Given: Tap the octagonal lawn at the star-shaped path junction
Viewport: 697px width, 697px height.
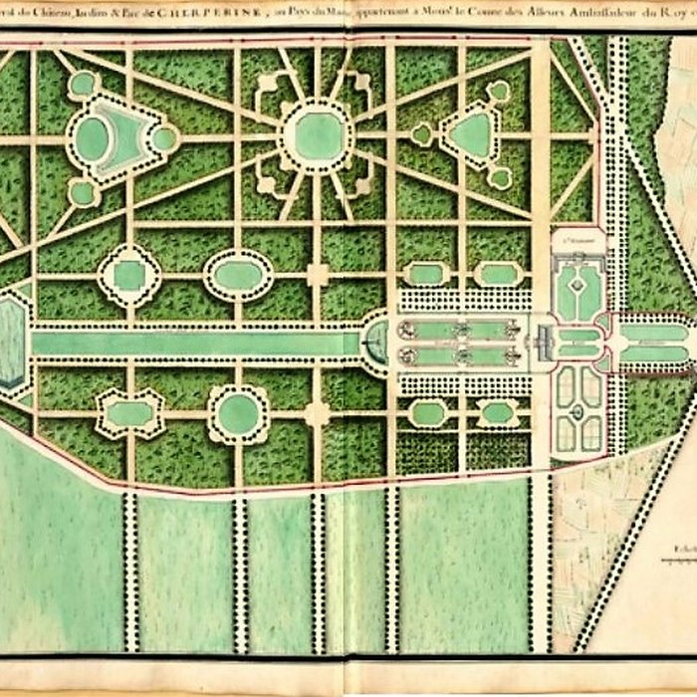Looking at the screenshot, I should (316, 134).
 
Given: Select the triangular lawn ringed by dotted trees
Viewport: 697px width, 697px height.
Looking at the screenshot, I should (471, 135).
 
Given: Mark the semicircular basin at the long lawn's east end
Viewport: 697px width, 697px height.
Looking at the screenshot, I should (376, 344).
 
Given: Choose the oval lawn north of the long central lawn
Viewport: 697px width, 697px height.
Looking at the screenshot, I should (238, 275).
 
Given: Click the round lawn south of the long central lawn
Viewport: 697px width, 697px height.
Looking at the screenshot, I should (238, 413).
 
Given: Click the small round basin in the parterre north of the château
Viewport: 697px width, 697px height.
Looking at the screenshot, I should (574, 285).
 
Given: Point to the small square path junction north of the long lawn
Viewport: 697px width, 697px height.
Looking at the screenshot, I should (317, 275).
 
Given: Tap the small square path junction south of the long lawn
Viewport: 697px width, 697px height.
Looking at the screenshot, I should (317, 412).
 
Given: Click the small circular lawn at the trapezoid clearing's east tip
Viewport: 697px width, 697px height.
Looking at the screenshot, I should (163, 138).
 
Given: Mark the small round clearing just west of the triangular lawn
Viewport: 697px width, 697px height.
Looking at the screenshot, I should (422, 133).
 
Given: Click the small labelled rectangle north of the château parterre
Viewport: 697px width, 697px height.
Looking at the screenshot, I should (580, 240).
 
